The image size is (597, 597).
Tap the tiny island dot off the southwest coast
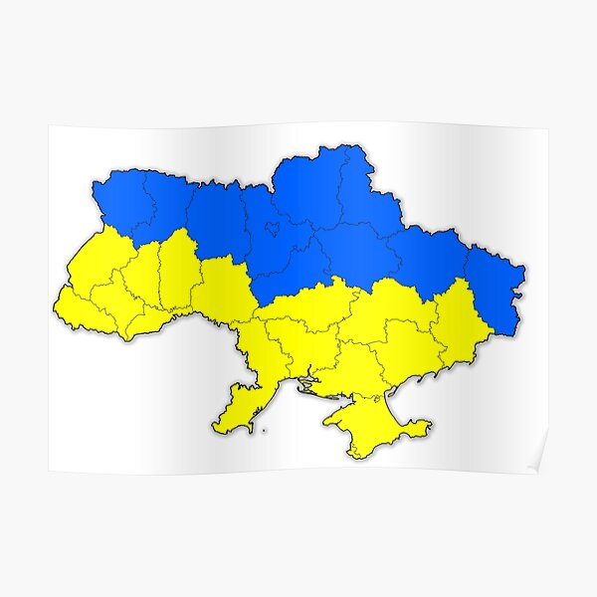pyautogui.click(x=265, y=432)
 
